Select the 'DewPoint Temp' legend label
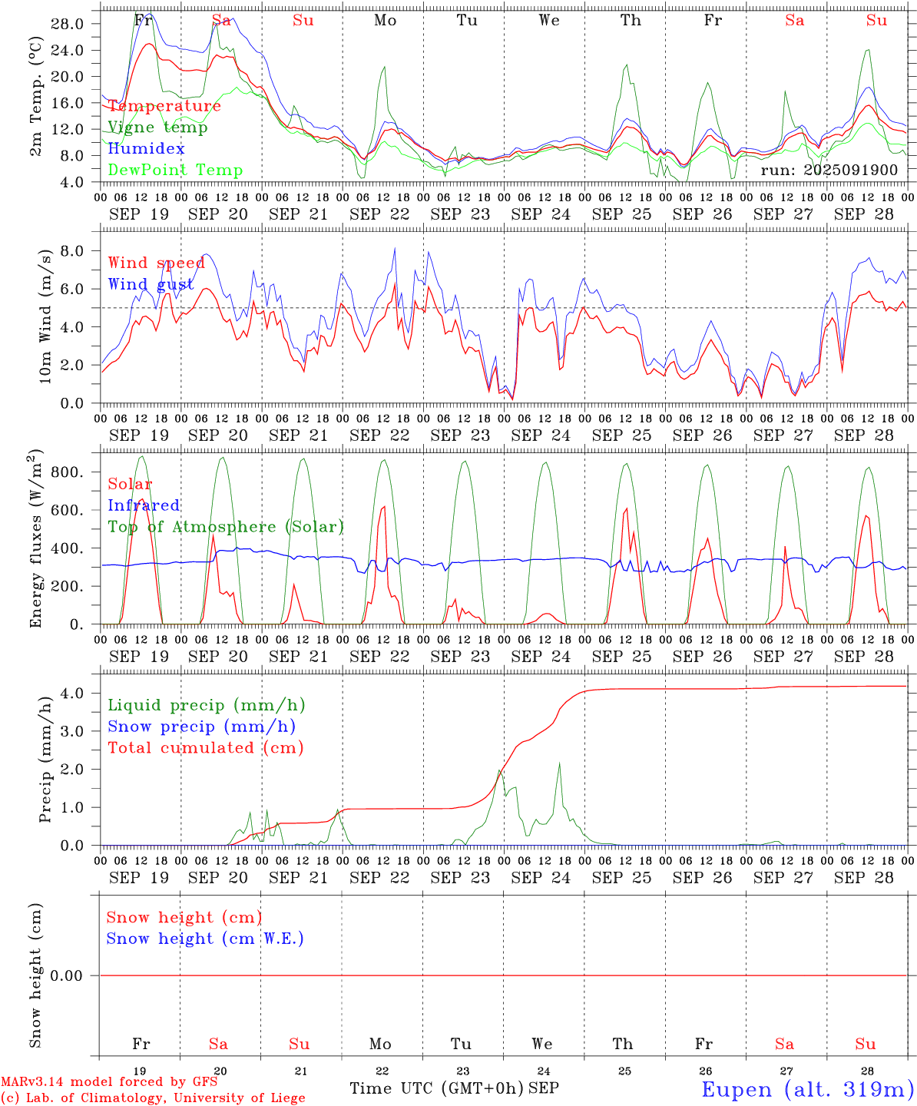[175, 171]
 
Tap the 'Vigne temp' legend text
[157, 127]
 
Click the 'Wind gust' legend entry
[151, 284]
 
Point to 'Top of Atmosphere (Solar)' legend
[226, 527]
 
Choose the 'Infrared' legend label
[144, 505]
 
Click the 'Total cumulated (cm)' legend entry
[205, 748]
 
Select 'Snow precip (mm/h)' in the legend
[201, 727]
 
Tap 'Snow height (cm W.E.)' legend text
[205, 939]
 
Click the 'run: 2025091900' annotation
[829, 170]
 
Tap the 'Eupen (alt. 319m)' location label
[806, 1089]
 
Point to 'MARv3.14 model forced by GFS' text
[109, 1082]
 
